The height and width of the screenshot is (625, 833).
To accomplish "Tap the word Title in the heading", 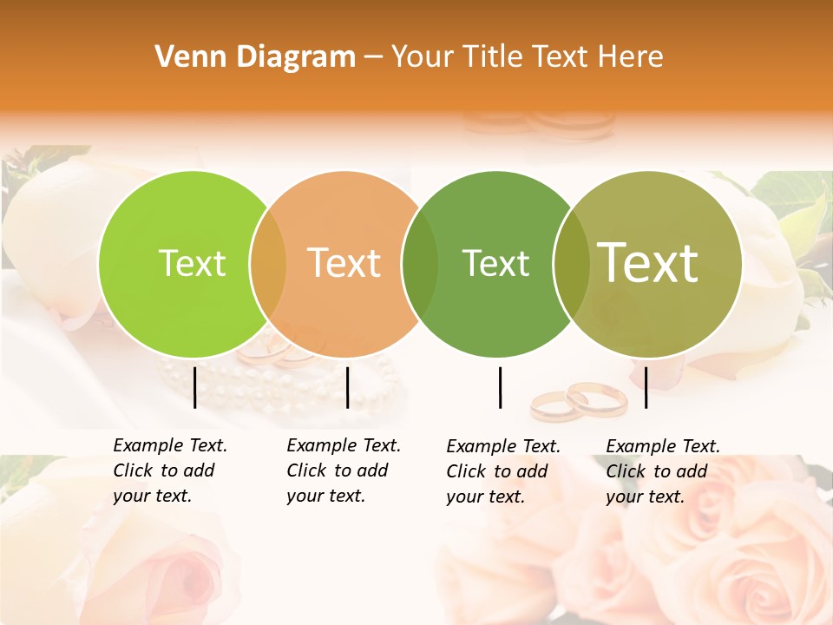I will click(x=494, y=57).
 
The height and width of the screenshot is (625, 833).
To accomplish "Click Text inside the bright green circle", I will click(x=192, y=263).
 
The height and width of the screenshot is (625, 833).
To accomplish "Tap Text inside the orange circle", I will click(x=344, y=263).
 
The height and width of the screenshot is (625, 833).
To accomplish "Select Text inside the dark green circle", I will click(x=495, y=263).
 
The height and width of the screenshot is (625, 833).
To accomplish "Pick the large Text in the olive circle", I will click(x=648, y=262).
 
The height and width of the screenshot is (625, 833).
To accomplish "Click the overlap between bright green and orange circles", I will click(x=268, y=264).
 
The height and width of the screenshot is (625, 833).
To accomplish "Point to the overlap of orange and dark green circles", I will click(x=420, y=264).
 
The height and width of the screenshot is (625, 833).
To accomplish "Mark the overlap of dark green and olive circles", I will click(x=571, y=264).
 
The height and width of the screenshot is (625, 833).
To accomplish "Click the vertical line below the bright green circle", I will click(x=195, y=387).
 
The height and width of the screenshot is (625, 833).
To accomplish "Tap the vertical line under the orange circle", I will click(x=347, y=387).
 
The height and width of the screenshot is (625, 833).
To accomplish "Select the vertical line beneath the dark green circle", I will click(x=501, y=387).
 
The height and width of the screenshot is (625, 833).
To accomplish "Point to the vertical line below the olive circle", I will click(x=646, y=387).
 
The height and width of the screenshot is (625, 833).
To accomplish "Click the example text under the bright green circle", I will click(x=169, y=470).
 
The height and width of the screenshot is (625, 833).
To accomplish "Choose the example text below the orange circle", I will click(x=343, y=470).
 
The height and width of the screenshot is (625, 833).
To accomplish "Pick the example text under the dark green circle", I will click(x=502, y=471).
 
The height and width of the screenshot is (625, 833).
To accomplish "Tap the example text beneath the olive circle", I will click(x=662, y=471).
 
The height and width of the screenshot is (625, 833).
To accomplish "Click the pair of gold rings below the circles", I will click(x=579, y=402).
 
